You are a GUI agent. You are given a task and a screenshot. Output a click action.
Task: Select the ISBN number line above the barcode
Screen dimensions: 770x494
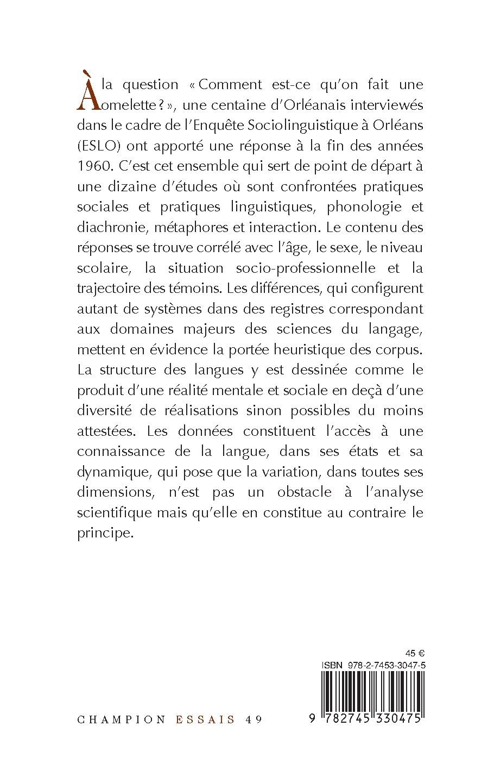(x=373, y=665)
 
